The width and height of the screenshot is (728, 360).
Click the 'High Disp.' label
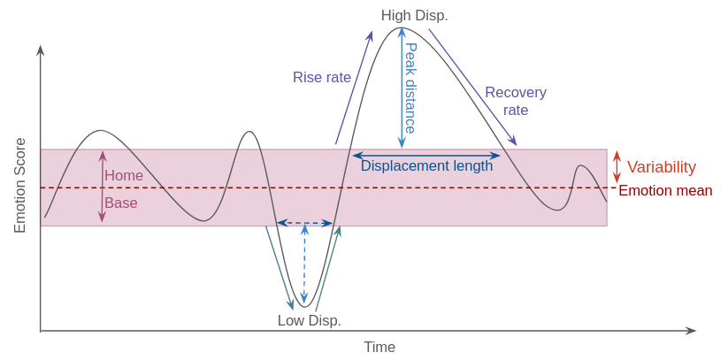tap(414, 16)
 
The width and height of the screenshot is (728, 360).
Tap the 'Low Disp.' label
tap(309, 320)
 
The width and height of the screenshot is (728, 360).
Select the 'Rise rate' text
tap(322, 77)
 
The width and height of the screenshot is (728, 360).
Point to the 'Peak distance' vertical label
tap(410, 88)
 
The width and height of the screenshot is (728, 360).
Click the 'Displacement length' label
tap(426, 165)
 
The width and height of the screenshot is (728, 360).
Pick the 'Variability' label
tap(661, 167)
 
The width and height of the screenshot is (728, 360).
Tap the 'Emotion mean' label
tap(664, 190)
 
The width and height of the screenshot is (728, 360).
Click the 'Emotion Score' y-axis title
tap(20, 185)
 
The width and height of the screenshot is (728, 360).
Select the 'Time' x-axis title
tap(379, 347)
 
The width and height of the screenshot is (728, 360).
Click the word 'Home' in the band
tap(124, 175)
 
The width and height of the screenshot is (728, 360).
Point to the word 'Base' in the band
tap(121, 203)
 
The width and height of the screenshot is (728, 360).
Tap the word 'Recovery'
tap(515, 92)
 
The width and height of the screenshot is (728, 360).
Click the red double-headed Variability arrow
tap(617, 166)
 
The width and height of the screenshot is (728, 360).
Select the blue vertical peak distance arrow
tap(402, 88)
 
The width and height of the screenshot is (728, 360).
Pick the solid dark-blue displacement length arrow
tap(426, 156)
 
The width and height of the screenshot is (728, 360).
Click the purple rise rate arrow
tap(354, 88)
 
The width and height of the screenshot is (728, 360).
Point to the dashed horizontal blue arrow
tap(304, 223)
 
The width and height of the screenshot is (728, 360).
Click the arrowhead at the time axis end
tap(691, 331)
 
